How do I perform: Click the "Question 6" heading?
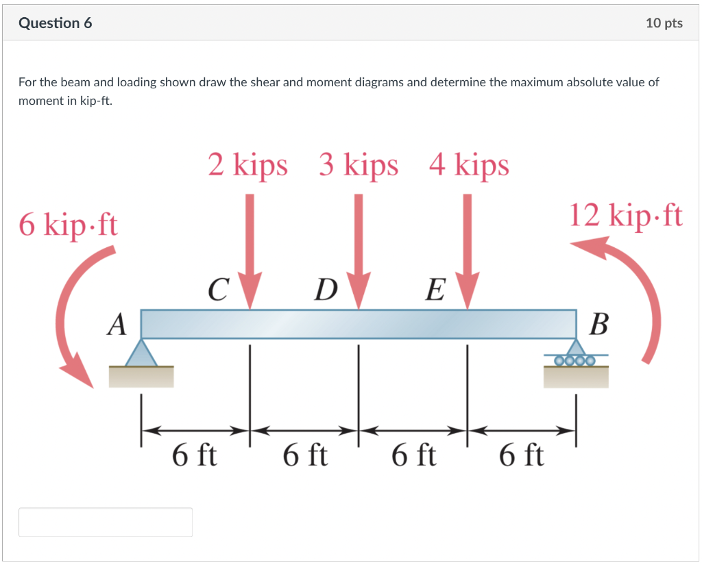point(56,23)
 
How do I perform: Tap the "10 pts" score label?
point(664,23)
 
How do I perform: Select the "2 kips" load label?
point(248,165)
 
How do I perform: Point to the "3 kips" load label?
point(358,165)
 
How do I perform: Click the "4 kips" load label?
point(469,165)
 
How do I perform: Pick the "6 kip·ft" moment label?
point(69,224)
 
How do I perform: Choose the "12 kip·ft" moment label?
point(626,215)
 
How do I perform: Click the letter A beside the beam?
point(117,324)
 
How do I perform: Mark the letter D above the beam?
point(325,290)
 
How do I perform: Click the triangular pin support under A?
point(141,353)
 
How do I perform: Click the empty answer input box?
point(106,522)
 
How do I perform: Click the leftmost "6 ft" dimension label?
point(195,455)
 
